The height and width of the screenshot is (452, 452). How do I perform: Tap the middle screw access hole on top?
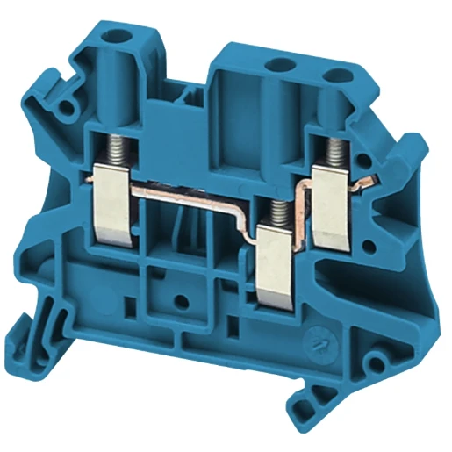281,63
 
